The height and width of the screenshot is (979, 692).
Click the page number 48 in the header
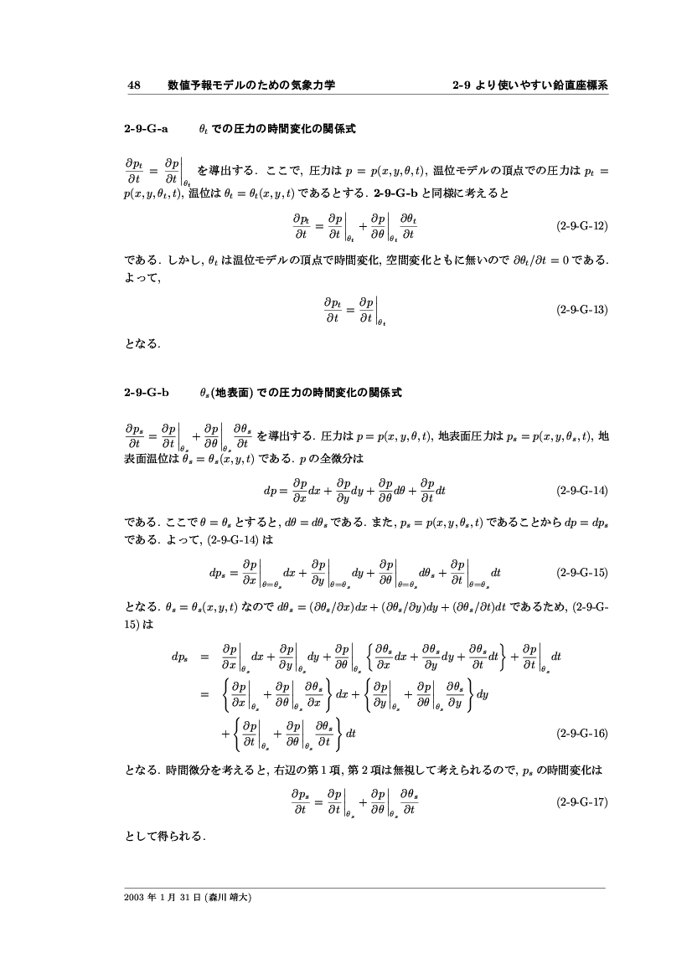pos(132,85)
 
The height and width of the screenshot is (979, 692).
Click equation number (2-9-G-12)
pos(581,226)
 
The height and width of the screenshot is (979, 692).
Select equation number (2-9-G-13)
pos(581,309)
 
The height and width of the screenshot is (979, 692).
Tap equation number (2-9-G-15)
pos(581,574)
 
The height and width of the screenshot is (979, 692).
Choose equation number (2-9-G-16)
pos(581,733)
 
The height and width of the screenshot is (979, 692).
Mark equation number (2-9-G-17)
pos(581,801)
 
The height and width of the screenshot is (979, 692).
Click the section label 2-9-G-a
pos(147,129)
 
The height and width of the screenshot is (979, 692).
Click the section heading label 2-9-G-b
pos(147,391)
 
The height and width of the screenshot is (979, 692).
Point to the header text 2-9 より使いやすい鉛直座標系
pos(529,85)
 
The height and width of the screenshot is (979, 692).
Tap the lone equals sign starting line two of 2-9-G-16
pos(203,693)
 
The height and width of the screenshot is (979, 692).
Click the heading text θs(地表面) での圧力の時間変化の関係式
pos(301,391)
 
